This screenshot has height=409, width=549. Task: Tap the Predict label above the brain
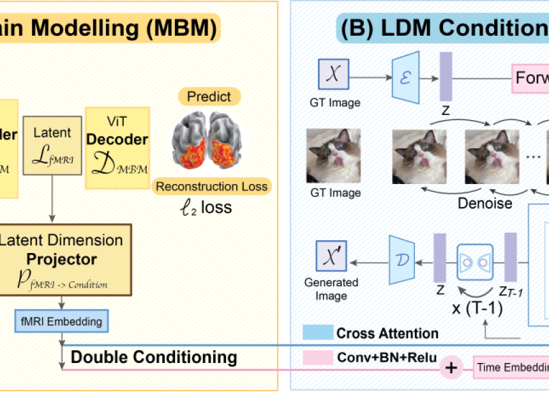[x=209, y=97]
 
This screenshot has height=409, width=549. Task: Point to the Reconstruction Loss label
[x=211, y=186]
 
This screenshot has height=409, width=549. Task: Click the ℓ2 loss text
[x=204, y=207]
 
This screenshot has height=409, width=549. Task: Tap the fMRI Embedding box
[x=63, y=320]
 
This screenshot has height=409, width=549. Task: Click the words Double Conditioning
[x=154, y=357]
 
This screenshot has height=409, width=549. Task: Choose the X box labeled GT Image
[x=333, y=73]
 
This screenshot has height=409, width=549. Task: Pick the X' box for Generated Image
[x=332, y=256]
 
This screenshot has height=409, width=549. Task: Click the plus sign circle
[x=452, y=367]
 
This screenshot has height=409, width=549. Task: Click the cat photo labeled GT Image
[x=333, y=155]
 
